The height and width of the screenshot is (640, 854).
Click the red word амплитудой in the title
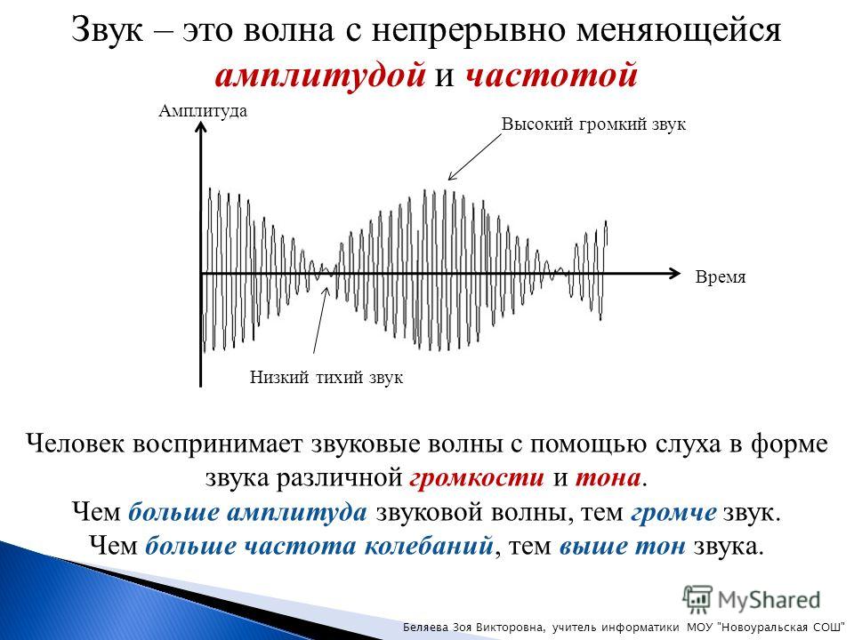[320, 76]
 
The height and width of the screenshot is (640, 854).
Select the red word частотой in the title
[552, 75]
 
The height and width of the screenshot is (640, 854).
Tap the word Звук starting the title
[108, 30]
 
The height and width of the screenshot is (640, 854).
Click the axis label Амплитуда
[203, 111]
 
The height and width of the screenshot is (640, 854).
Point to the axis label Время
[721, 277]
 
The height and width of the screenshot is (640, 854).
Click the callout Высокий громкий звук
[593, 124]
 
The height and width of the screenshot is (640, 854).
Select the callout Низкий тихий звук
[326, 377]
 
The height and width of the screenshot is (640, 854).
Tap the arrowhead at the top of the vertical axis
[201, 127]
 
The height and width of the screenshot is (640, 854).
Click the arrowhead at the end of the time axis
[674, 273]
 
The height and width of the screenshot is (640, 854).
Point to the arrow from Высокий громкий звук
[474, 156]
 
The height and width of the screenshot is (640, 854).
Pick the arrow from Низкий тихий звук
[321, 320]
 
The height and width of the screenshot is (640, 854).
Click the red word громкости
[477, 478]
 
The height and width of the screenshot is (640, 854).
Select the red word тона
[608, 478]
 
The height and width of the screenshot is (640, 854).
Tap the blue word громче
[673, 512]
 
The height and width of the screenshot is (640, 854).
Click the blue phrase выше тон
[622, 546]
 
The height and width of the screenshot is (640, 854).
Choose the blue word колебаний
[429, 546]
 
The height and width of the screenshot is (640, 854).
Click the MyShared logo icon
[697, 599]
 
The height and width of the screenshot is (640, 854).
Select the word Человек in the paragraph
[76, 444]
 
